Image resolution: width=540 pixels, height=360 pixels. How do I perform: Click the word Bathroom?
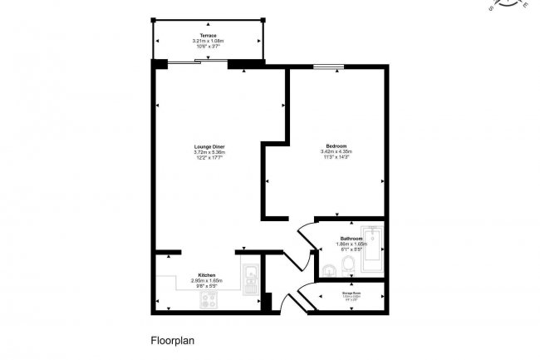[x=350, y=238]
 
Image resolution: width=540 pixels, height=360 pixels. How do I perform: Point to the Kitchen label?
[x=207, y=275]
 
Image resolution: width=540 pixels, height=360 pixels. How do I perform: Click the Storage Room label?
[x=350, y=292]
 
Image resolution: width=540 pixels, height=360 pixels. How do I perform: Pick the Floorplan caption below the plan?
[x=172, y=340]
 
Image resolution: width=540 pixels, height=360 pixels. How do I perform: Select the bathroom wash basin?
[x=328, y=267]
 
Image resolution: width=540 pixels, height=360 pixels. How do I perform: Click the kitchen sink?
[x=250, y=274]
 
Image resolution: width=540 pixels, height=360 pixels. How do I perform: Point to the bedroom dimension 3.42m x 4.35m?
[x=336, y=152]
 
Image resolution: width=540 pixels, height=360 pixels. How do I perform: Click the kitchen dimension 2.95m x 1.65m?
[x=207, y=281]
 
